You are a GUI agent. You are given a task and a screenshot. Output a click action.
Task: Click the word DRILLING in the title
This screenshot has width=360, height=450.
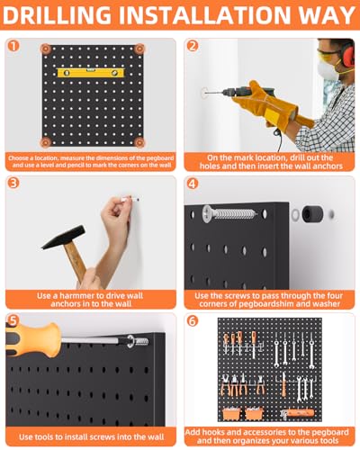pyautogui.click(x=57, y=15)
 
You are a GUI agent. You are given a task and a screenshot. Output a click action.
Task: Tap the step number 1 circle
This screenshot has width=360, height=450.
pyautogui.click(x=13, y=46)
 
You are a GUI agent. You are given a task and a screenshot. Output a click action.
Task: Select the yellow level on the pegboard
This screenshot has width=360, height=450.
pyautogui.click(x=91, y=73)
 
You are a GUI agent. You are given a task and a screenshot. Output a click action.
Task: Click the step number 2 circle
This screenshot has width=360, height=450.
pyautogui.click(x=193, y=46)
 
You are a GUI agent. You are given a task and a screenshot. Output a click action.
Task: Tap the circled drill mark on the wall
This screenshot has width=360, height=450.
pyautogui.click(x=204, y=93)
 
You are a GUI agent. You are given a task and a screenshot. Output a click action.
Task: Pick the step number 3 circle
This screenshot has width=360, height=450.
pyautogui.click(x=13, y=183)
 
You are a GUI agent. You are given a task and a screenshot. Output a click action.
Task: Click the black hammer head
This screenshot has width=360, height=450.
pyautogui.click(x=64, y=237)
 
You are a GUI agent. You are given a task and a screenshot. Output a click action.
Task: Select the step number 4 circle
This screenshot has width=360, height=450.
pyautogui.click(x=193, y=184)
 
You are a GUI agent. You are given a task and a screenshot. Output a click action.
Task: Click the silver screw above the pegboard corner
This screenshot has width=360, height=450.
pyautogui.click(x=229, y=213)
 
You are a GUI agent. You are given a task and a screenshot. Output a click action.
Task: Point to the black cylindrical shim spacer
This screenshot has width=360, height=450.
pyautogui.click(x=312, y=213)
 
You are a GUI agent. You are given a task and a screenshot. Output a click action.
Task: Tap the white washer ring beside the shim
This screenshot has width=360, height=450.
pyautogui.click(x=295, y=214)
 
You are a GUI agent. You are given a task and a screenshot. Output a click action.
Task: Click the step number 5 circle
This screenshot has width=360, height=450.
pyautogui.click(x=13, y=320)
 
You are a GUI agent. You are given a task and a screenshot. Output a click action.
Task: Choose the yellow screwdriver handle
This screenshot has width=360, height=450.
pyautogui.click(x=32, y=339)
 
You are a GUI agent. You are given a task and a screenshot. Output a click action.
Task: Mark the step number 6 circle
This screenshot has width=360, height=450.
pyautogui.click(x=193, y=321)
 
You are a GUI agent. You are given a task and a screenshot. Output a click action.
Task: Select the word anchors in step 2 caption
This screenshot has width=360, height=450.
pyautogui.click(x=326, y=166)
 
